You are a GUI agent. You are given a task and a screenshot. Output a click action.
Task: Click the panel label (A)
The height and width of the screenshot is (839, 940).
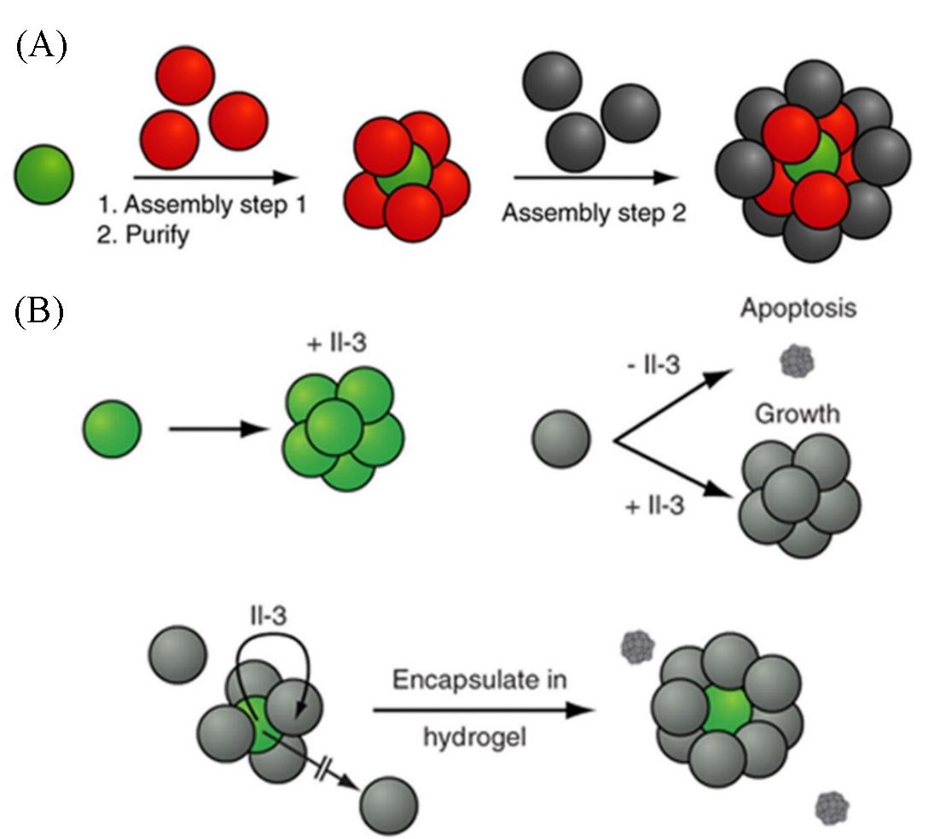(40, 44)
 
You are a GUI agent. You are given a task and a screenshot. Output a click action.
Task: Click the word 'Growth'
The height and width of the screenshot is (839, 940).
(797, 414)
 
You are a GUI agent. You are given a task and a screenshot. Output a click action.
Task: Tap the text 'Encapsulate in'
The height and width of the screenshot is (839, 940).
(480, 681)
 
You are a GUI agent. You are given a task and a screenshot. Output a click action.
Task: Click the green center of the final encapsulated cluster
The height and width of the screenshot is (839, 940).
(726, 706)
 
